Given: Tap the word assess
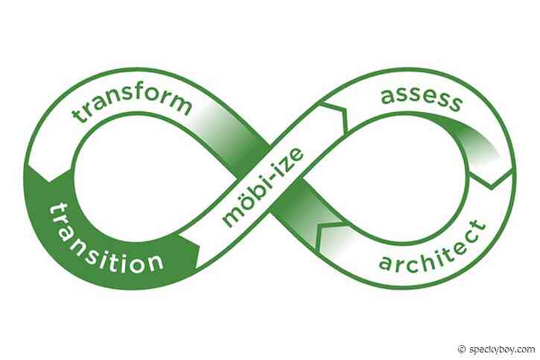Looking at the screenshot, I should [421, 100].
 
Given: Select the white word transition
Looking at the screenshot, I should [104, 239].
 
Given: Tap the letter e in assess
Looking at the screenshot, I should [428, 98].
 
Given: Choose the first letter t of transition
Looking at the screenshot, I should [53, 212].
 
